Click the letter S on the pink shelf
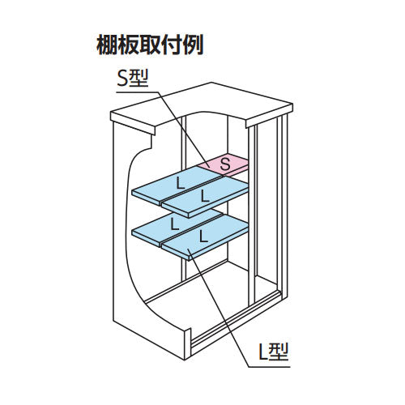[227, 164]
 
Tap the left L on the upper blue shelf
[179, 180]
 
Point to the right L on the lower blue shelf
[200, 237]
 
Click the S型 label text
[134, 79]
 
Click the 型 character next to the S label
[143, 79]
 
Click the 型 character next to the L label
[280, 352]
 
